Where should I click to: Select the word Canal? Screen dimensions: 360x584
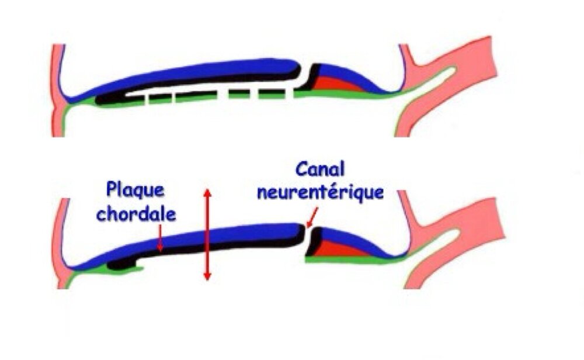click(321, 170)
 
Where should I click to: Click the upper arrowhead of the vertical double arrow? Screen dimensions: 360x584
click(206, 193)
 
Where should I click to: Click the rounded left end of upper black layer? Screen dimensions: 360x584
click(100, 98)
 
